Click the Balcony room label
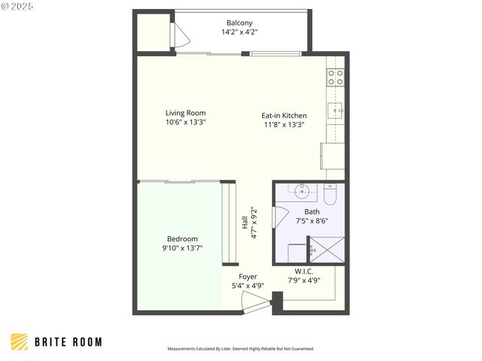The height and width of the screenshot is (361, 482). (239, 23)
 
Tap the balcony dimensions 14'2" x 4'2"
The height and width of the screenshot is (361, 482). (239, 32)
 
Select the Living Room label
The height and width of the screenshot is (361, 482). (185, 114)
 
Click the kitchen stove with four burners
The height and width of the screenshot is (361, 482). (335, 77)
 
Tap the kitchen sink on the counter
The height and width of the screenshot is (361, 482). (337, 111)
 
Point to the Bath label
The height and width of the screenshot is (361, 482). (312, 212)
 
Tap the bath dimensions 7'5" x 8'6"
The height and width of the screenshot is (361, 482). (312, 222)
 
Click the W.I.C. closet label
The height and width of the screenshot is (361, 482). (304, 271)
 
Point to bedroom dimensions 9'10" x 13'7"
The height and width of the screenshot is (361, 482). (182, 248)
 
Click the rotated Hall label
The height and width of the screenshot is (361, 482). (244, 223)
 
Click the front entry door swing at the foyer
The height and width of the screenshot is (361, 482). (255, 303)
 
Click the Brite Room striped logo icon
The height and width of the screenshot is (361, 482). (19, 341)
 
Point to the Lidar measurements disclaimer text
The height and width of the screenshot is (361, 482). (240, 349)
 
